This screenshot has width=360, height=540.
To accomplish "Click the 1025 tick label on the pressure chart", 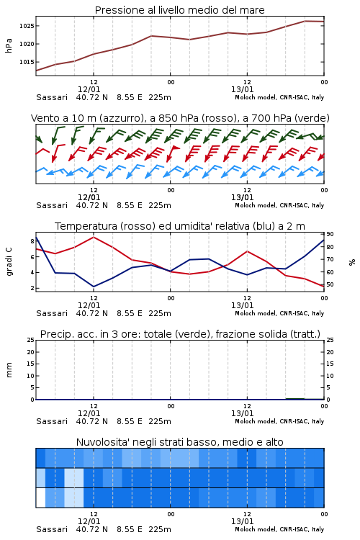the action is coord(26,26).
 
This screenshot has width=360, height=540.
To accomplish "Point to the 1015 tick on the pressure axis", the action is coord(26,62).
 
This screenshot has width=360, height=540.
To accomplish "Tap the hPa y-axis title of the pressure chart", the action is coord(9,45).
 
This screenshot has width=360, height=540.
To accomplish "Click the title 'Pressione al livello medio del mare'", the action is coord(180,10).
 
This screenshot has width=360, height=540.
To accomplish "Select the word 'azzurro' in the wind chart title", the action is coord(120,118).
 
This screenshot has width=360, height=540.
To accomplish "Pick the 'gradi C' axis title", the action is coord(9,261).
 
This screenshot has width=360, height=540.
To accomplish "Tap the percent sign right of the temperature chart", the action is coord(352,262).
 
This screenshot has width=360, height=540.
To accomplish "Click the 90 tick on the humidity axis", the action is coord(330,234).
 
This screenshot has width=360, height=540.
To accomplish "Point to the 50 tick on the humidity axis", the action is coord(330,285).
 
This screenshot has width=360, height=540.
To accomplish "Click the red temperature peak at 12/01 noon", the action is coord(94,237).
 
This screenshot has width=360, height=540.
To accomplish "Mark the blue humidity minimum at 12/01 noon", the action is coord(94,287).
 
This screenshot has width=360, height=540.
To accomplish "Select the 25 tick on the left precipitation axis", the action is coord(31,340).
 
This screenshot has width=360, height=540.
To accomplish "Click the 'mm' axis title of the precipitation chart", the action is coord(9,370).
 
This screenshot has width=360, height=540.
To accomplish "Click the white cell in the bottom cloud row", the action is coord(40,498).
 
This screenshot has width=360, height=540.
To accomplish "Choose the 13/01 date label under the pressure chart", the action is coord(242,89).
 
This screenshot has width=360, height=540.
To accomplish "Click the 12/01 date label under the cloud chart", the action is coord(89,521).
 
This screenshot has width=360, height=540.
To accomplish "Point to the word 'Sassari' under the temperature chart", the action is coord(52,313).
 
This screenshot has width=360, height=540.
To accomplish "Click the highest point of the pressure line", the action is coord(305,21).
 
